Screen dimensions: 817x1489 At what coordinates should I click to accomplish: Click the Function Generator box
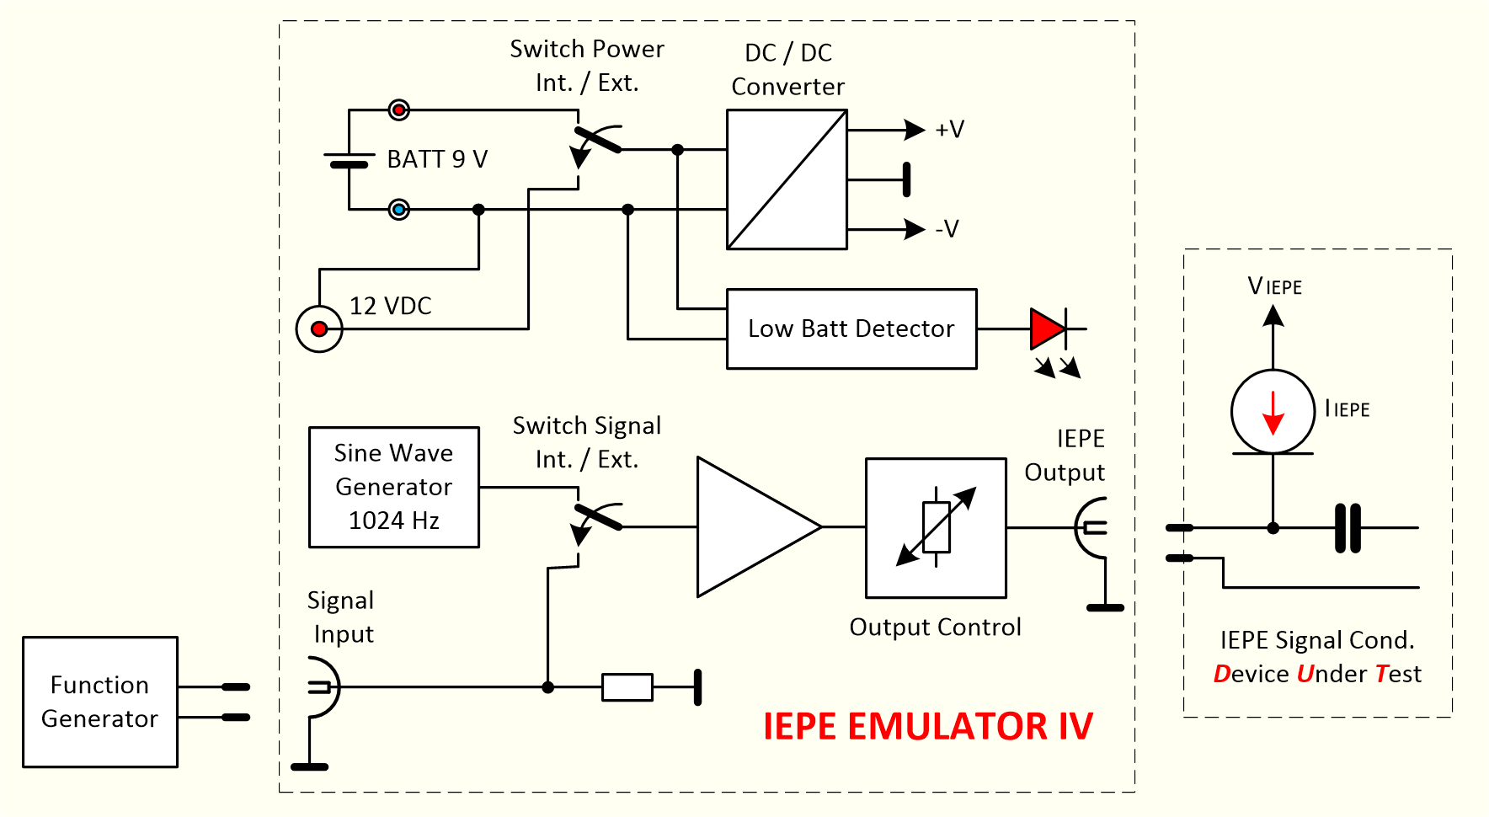point(99,702)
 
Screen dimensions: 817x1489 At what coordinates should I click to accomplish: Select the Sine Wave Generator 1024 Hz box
point(393,487)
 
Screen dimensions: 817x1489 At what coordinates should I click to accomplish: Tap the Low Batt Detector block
point(851,328)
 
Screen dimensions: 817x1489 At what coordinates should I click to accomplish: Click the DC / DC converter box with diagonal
point(787,179)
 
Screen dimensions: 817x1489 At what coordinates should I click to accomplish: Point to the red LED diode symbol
point(1049,328)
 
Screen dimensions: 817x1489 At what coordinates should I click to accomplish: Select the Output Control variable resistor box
point(936,527)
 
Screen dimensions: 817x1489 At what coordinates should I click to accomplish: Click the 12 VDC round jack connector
point(319,328)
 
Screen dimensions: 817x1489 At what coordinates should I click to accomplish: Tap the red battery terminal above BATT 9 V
point(399,110)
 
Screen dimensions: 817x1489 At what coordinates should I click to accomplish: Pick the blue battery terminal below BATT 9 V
point(399,209)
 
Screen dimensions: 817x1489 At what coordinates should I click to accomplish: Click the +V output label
point(949,130)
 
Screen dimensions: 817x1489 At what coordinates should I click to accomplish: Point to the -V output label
point(947,229)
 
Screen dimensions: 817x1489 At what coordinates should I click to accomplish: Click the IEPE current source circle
point(1273,412)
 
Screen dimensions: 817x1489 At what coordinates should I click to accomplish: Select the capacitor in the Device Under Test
point(1348,528)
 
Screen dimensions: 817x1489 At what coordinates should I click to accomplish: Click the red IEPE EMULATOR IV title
point(927,726)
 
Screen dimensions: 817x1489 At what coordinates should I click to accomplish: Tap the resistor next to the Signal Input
point(627,687)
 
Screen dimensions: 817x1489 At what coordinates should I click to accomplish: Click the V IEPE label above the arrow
point(1274,287)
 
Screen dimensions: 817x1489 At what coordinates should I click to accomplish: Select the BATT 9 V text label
point(437,159)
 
